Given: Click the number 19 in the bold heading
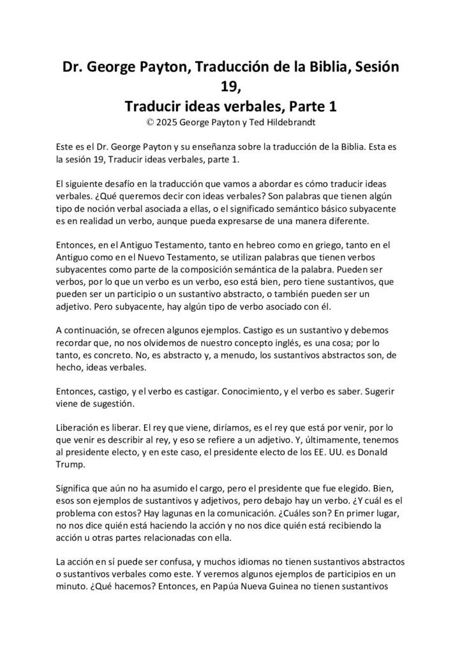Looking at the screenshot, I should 230,87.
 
